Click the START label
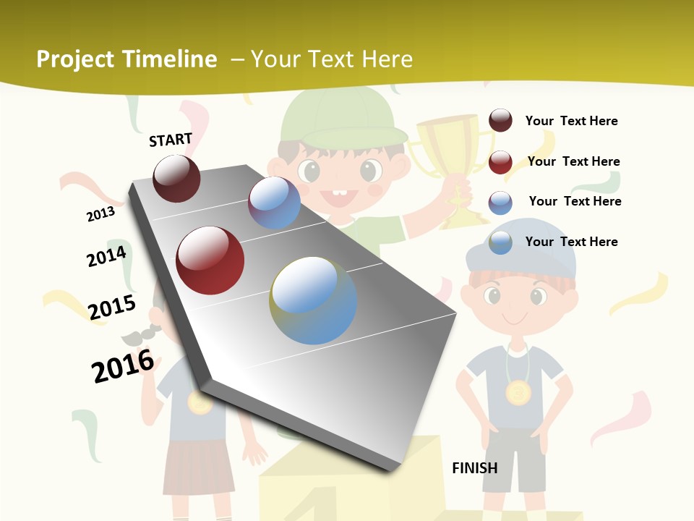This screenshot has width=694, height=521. (171, 140)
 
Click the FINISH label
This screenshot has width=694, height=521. (475, 468)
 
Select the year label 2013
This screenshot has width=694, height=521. (100, 214)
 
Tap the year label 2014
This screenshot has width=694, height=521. (106, 256)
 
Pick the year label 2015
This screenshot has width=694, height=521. (112, 308)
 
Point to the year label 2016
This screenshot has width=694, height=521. (123, 366)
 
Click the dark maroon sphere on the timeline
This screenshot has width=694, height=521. (176, 179)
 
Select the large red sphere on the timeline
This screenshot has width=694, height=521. (210, 260)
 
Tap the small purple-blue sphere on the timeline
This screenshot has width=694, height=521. (274, 203)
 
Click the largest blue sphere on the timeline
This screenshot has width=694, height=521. (313, 300)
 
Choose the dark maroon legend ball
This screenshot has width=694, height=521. (500, 121)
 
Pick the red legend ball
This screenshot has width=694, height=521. (500, 162)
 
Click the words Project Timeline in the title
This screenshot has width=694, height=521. (127, 59)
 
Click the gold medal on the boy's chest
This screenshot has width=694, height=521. (518, 393)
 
